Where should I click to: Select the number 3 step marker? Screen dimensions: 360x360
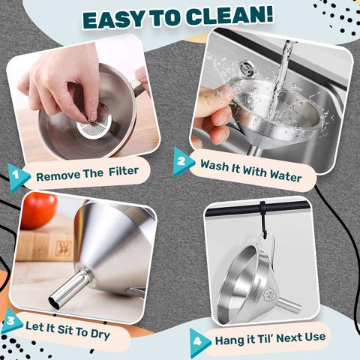coord(11,322)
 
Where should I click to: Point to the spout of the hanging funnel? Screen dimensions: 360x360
coord(289,304)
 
